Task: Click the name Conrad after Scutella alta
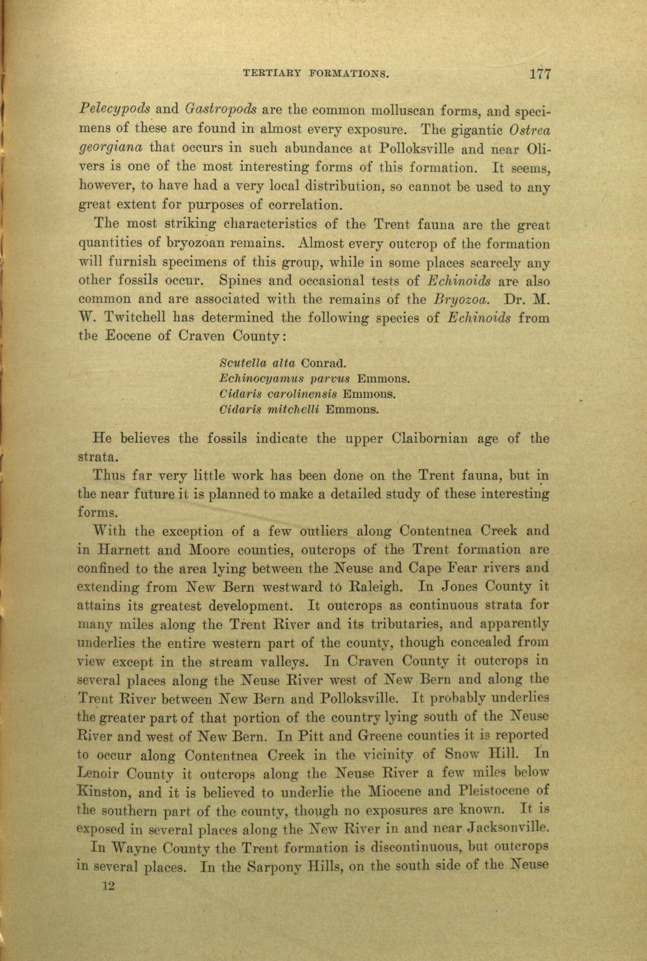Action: pyautogui.click(x=323, y=363)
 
